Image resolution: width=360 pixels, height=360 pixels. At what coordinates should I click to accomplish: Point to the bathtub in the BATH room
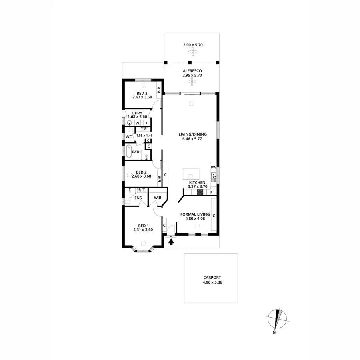pos(128,152)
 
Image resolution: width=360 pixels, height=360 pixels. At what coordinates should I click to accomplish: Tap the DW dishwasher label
pos(214,167)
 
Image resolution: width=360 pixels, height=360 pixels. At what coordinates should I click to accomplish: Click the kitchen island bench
pos(191,174)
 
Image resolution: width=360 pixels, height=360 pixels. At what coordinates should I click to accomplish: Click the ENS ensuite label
pos(138,198)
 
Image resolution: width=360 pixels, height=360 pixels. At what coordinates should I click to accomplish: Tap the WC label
pos(129,137)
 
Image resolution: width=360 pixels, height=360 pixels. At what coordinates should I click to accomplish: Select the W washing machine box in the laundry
pos(138,123)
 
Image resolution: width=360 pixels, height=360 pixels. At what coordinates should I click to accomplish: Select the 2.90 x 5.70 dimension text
pos(193,45)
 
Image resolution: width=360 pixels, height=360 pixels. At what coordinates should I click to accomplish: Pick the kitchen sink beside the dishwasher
pos(214,176)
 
